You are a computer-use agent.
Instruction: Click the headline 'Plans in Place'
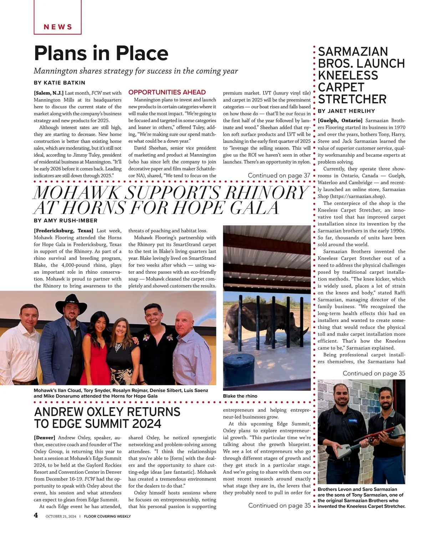point(101,54)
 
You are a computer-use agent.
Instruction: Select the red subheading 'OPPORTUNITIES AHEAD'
point(167,92)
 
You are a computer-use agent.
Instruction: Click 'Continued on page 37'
point(279,175)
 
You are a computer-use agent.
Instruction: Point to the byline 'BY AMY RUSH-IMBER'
point(65,221)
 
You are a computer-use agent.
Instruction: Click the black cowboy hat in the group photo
point(71,302)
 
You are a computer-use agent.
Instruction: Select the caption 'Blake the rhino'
point(240,396)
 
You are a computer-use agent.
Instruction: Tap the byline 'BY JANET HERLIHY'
point(346,111)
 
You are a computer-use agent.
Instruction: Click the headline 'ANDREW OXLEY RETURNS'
point(107,412)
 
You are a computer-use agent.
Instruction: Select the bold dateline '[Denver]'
point(45,438)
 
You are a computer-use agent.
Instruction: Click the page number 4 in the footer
point(36,515)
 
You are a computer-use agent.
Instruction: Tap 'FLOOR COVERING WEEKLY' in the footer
point(107,516)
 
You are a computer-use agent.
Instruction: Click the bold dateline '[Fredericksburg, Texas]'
point(63,231)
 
